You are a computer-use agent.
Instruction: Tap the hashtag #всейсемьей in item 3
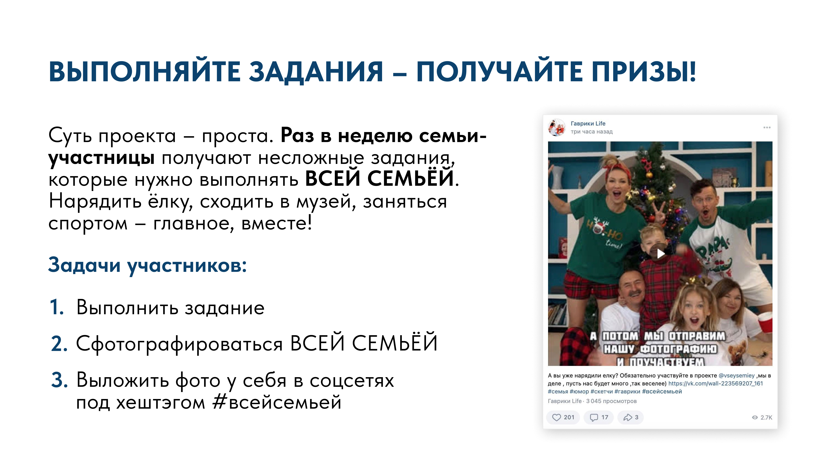277,403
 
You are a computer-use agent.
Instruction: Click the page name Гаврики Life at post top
588,123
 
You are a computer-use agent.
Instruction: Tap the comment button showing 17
599,417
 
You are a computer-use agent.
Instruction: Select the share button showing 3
631,417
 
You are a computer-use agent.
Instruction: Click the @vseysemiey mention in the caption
736,376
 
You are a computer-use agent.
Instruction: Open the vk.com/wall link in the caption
716,383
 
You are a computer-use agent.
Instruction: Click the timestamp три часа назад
591,132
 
